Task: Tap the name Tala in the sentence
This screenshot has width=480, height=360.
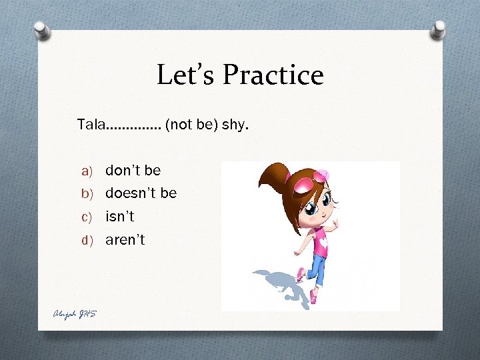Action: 90,124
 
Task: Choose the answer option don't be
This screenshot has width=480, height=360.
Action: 133,170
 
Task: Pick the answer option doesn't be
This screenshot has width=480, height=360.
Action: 141,193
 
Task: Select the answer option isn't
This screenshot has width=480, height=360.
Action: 120,217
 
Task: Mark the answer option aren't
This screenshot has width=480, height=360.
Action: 125,240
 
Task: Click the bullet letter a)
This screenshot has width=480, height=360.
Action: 88,171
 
